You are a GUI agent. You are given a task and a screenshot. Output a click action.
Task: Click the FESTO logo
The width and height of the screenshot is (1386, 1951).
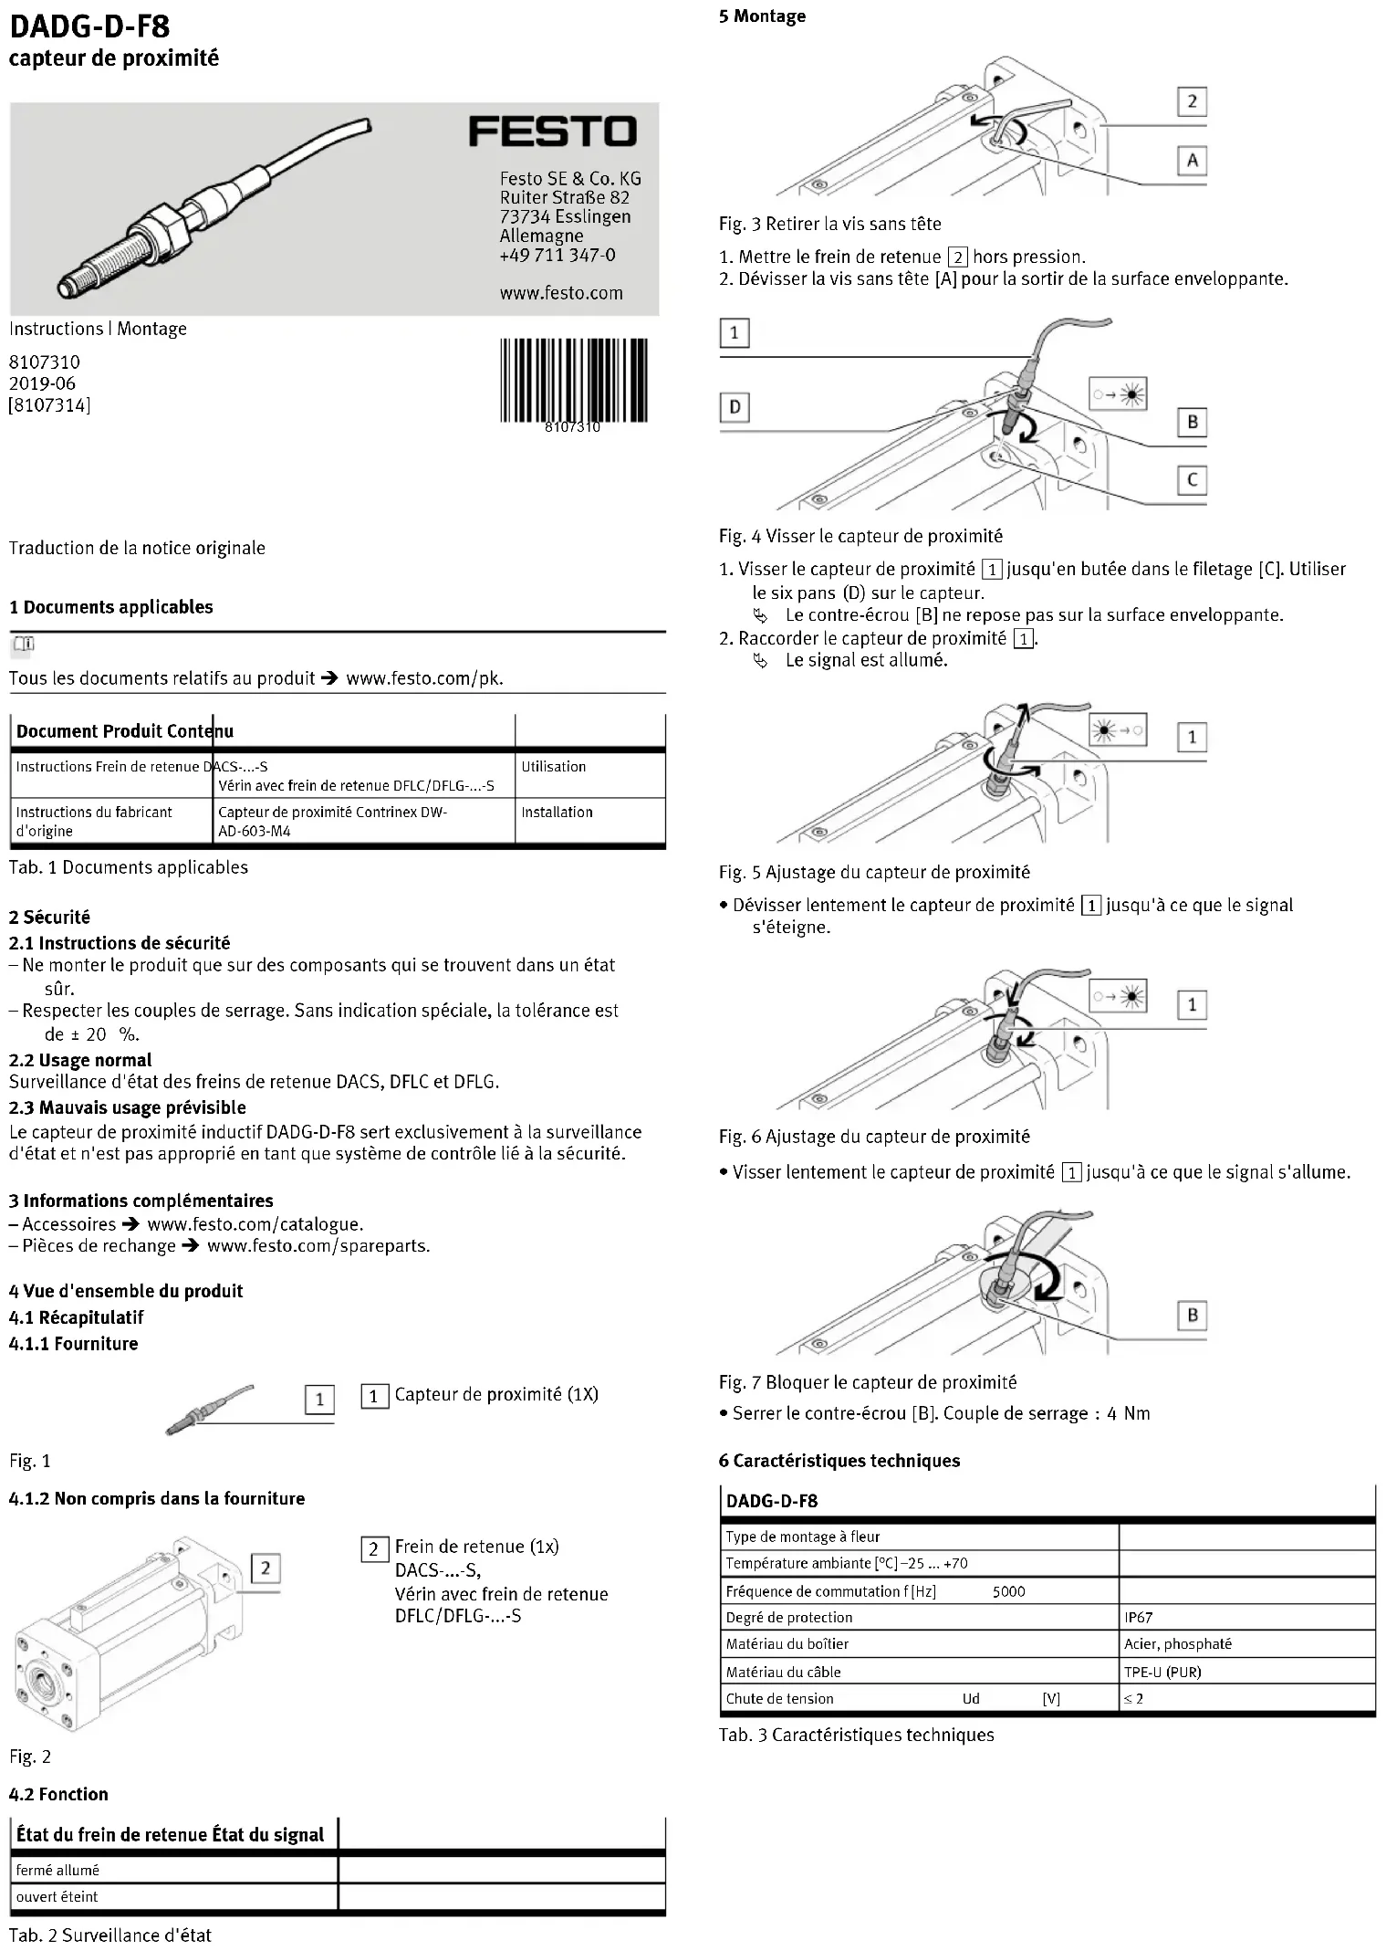point(552,131)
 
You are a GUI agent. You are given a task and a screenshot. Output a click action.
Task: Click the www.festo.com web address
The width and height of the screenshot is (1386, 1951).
point(561,293)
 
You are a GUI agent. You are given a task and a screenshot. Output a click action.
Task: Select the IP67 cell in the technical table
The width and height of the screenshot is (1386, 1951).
point(1139,1617)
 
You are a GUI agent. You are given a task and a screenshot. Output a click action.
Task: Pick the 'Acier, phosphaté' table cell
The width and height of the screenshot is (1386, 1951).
point(1178,1643)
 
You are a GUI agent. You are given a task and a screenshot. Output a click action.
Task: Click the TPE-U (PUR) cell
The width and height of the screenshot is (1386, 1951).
point(1162,1672)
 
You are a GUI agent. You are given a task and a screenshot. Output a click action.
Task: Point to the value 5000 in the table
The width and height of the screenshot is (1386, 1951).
point(1008,1591)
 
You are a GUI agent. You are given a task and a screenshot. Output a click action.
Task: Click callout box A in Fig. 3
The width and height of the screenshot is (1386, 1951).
point(1192,161)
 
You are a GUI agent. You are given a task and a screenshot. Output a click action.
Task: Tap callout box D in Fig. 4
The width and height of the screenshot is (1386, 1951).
point(735,406)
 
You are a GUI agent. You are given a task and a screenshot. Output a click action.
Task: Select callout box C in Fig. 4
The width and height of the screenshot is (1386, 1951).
point(1192,480)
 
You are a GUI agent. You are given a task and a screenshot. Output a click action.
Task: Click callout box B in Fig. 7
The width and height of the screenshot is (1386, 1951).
point(1192,1316)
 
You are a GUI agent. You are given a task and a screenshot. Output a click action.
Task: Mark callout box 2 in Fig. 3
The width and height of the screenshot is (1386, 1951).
point(1192,101)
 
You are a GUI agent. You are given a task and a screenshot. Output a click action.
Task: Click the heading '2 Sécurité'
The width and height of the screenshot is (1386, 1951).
point(49,917)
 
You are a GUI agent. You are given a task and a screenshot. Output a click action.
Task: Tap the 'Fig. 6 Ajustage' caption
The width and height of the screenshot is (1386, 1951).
point(873,1137)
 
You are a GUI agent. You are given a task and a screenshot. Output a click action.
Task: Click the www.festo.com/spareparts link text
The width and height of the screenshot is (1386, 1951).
point(318,1246)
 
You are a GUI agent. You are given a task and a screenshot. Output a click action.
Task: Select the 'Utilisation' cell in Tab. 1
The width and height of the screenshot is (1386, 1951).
point(553,767)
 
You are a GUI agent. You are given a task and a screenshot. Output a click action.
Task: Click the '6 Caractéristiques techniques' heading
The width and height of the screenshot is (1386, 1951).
point(839,1461)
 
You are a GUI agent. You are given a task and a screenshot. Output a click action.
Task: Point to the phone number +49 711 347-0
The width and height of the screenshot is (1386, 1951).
point(558,255)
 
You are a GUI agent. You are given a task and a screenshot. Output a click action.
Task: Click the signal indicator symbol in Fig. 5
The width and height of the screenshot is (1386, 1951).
point(1117,730)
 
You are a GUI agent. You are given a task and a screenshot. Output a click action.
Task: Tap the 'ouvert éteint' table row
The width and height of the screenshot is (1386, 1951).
point(57,1896)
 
